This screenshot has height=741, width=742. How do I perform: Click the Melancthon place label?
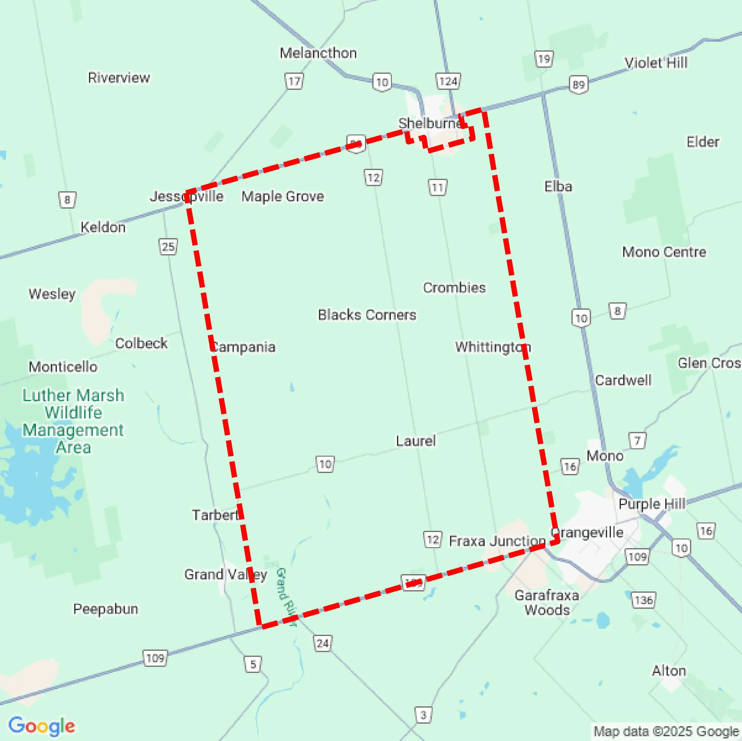pos(318,53)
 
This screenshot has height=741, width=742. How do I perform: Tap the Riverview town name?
pos(119,78)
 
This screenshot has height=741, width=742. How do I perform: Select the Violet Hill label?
pos(656,63)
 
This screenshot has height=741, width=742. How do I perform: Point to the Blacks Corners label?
pos(367,315)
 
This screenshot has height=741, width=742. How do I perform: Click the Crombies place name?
pos(454,288)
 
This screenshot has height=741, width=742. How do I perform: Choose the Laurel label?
pos(416,441)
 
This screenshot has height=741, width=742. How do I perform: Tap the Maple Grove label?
pos(283,196)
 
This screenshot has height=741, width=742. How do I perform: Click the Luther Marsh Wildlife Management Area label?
pos(73,421)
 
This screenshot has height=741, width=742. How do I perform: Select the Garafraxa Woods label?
pos(547,602)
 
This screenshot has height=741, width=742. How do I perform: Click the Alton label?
pos(669,670)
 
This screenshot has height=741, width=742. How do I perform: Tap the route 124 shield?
pos(448,81)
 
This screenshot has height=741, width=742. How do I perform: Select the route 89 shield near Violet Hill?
pos(579,84)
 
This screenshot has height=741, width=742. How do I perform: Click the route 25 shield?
pos(168,247)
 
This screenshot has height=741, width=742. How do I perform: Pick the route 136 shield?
pos(644,600)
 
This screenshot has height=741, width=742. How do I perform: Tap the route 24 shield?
pos(322,643)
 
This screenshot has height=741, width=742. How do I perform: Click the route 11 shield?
pos(437,188)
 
